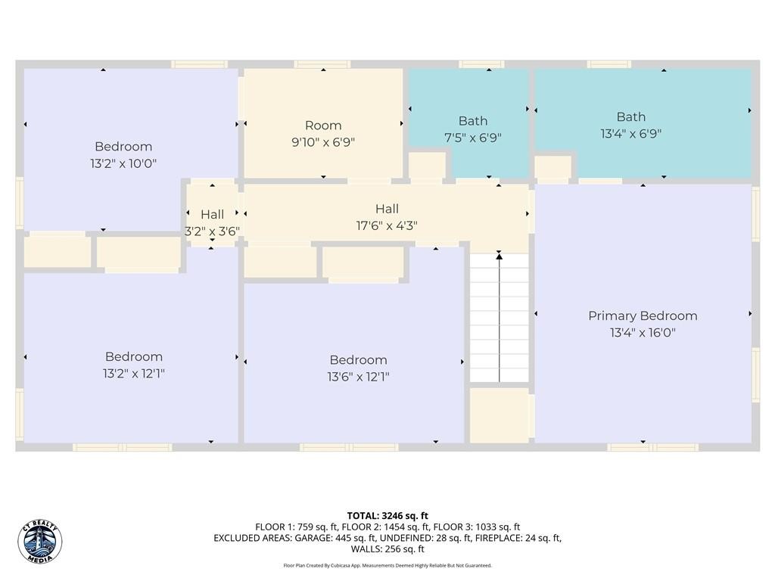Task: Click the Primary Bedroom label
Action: click(x=643, y=316)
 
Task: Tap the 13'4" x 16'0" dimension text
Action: click(x=643, y=333)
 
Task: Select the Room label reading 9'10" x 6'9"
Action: click(x=323, y=142)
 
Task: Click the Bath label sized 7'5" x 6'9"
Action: click(x=473, y=138)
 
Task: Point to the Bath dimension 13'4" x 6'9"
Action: click(x=630, y=133)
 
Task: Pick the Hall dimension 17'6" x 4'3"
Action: click(x=387, y=225)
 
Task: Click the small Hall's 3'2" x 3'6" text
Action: click(x=213, y=231)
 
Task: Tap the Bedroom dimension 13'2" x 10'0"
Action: click(x=123, y=163)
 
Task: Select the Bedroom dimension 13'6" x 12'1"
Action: click(x=358, y=377)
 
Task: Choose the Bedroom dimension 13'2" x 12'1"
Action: click(x=133, y=374)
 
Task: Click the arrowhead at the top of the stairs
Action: click(x=500, y=255)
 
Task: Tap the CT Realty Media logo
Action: click(x=40, y=542)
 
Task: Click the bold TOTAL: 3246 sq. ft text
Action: click(x=387, y=516)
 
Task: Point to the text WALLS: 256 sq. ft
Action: click(x=387, y=549)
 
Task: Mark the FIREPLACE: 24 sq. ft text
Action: click(x=518, y=538)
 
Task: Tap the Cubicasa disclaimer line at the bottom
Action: click(x=387, y=565)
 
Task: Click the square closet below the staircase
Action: click(x=500, y=415)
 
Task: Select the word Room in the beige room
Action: click(x=323, y=126)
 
